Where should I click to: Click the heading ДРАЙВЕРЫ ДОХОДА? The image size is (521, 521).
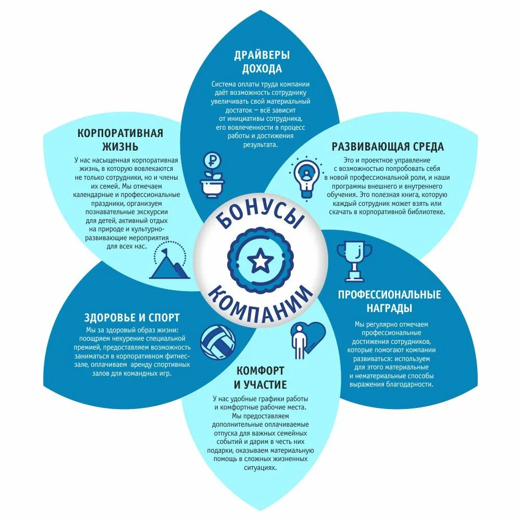262,62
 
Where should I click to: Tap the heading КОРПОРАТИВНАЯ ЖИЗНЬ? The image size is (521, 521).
120,140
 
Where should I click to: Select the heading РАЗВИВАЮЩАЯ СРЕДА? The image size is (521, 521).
388,146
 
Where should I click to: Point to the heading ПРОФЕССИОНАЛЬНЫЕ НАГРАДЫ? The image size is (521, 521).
389,301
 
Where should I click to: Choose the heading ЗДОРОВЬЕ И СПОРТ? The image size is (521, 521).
132,317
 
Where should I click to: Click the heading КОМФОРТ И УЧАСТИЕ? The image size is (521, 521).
260,378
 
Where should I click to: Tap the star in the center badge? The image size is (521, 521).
259,260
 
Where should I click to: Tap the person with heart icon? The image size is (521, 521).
306,339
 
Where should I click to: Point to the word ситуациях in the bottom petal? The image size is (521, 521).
260,468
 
